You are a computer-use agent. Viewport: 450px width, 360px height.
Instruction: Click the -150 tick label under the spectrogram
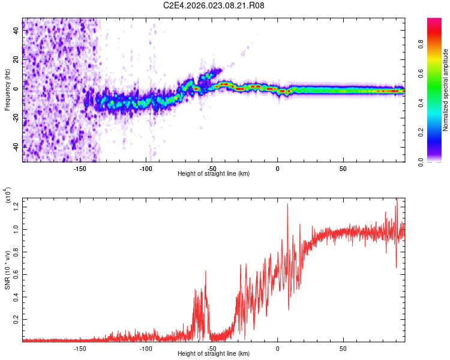point(80,168)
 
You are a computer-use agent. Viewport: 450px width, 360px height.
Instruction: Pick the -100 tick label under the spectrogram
point(146,168)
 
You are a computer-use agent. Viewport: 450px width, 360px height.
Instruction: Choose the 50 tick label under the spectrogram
point(343,168)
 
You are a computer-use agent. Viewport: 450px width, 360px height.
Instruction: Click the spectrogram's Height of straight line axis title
point(214,174)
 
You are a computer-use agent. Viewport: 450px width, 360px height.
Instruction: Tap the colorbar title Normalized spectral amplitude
point(446,90)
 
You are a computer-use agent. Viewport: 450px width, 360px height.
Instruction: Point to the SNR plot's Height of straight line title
point(214,354)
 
